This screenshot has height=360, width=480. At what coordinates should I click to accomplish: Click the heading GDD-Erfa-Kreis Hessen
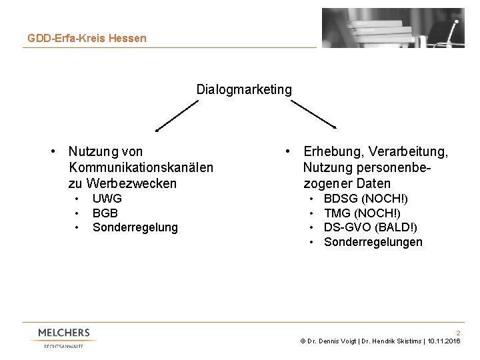click(87, 38)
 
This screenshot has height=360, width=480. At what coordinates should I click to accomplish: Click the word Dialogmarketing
click(244, 89)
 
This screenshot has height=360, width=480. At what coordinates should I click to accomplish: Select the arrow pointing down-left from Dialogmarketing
click(177, 115)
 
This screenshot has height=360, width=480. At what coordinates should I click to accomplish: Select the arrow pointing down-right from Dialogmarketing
click(314, 115)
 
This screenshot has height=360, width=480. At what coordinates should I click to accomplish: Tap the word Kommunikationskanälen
click(141, 167)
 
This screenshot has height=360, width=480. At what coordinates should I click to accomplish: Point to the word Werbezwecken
click(123, 183)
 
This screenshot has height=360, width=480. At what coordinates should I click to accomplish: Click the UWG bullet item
click(107, 199)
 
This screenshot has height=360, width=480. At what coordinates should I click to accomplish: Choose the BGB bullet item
click(105, 213)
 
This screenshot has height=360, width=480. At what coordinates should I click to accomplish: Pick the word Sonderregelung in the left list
click(135, 228)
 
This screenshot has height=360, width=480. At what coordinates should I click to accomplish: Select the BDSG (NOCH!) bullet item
click(366, 199)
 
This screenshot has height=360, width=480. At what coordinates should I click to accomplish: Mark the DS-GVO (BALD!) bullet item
click(372, 227)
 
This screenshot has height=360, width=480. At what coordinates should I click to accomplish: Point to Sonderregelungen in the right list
click(373, 242)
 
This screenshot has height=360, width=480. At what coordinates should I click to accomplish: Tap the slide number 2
click(458, 332)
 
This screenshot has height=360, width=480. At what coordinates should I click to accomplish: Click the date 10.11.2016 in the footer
click(443, 341)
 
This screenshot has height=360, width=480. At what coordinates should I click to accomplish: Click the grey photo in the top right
click(393, 29)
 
